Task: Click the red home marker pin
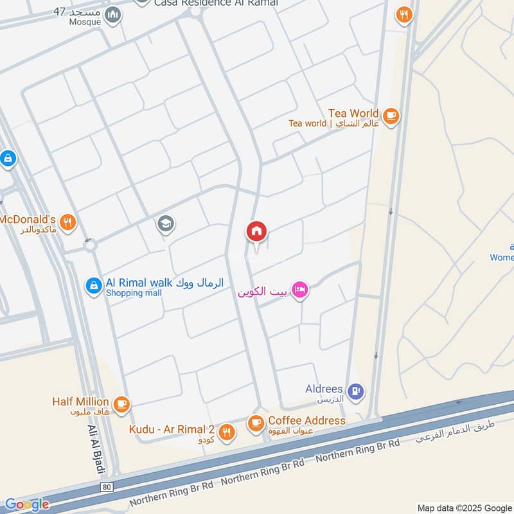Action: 257,232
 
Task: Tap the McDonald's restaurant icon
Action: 68,224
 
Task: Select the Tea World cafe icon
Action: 390,116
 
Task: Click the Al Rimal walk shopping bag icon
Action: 94,286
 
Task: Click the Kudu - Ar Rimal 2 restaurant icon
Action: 226,432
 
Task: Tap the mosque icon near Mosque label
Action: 113,14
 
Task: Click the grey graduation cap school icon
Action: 166,224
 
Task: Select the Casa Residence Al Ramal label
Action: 216,3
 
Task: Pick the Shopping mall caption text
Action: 134,293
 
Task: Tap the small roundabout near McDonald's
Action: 89,245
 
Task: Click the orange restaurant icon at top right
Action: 403,14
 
